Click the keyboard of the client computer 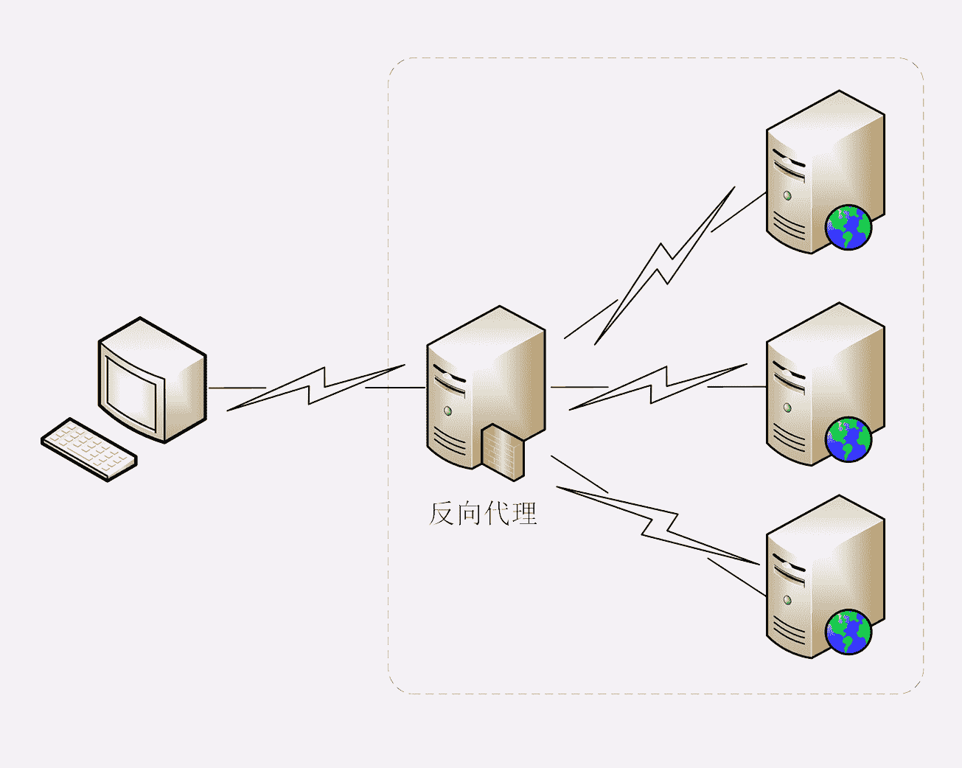tap(89, 450)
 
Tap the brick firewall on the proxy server tap(503, 450)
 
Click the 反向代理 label tap(483, 513)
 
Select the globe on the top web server tap(848, 228)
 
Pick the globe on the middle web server tap(848, 439)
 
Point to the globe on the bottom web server tap(848, 632)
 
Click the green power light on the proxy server tap(447, 411)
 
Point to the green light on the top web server tap(787, 196)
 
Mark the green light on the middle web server tap(787, 408)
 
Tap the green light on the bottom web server tap(787, 600)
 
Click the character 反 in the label tap(442, 513)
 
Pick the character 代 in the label tap(497, 513)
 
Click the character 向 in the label tap(469, 513)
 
